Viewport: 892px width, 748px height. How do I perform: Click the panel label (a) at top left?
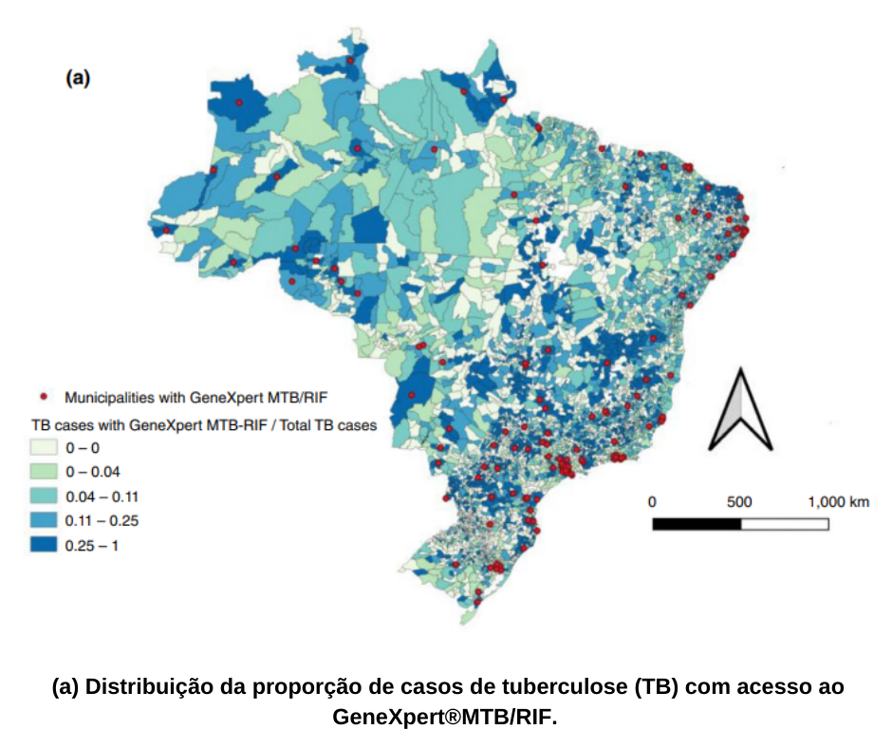[x=78, y=79]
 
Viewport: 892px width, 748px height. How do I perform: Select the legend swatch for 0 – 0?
[x=45, y=447]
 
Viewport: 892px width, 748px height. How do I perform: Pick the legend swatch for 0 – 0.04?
[x=45, y=472]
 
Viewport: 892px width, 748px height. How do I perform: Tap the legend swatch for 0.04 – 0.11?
[x=45, y=496]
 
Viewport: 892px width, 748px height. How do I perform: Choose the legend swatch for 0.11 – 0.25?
[x=45, y=521]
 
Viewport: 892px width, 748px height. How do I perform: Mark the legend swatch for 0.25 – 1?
[x=45, y=546]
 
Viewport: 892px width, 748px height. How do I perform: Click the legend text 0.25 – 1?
[x=92, y=546]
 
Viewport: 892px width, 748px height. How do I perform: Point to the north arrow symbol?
[x=740, y=410]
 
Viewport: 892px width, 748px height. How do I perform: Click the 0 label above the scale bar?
[x=652, y=501]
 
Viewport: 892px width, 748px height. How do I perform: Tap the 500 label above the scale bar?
[x=739, y=501]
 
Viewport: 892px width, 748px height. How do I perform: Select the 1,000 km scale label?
[x=838, y=501]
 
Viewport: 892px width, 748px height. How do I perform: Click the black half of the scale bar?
[x=697, y=524]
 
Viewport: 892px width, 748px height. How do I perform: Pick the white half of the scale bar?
[x=785, y=524]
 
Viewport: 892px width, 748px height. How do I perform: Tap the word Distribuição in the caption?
[x=142, y=686]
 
